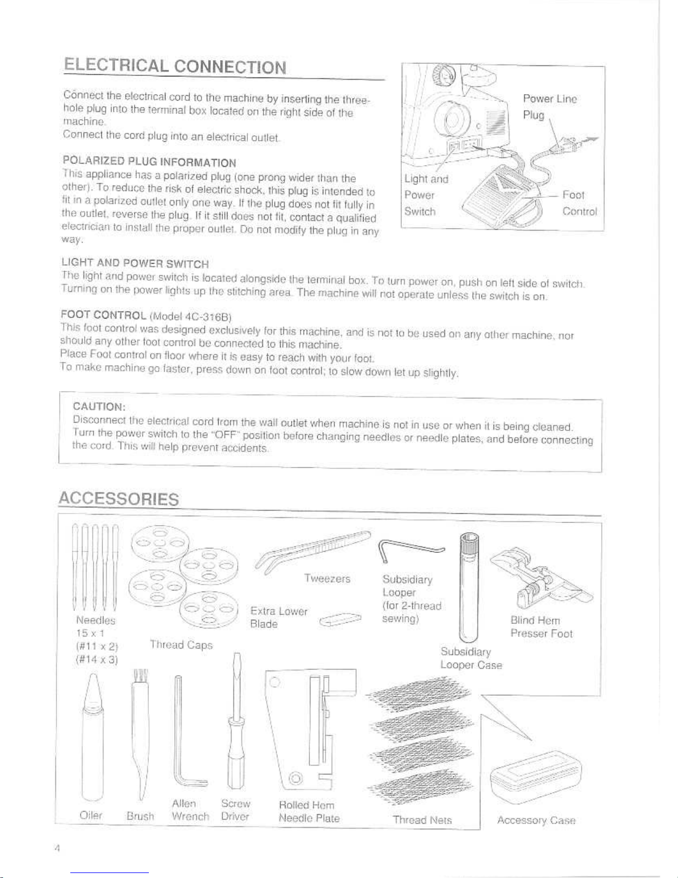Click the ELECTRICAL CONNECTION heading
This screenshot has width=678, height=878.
(x=175, y=66)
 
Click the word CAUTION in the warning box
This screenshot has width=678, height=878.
(x=99, y=406)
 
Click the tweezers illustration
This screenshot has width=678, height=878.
(x=313, y=551)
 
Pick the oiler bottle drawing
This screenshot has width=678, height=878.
(x=93, y=740)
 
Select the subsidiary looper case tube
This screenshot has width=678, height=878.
(x=469, y=588)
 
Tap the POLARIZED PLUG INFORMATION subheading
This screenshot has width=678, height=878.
(x=149, y=161)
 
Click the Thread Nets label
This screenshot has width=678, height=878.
(x=422, y=820)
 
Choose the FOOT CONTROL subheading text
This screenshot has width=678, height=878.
(x=103, y=315)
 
